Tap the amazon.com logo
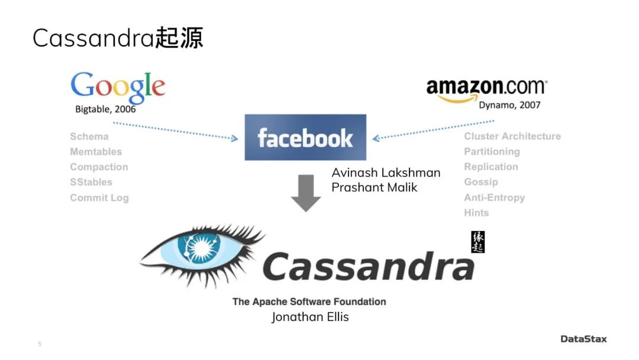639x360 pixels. tap(486, 88)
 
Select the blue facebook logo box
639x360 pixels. tap(305, 137)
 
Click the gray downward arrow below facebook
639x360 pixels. tap(306, 193)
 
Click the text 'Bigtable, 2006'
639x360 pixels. tap(105, 109)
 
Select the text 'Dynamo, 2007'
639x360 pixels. tap(509, 105)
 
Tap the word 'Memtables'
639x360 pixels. tap(96, 152)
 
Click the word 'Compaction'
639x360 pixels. tap(99, 167)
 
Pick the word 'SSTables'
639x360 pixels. tap(91, 182)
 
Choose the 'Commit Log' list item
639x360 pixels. tap(99, 198)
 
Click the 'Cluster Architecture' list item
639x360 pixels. tap(512, 136)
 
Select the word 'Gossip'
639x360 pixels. tap(481, 182)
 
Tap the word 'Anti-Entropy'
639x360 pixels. tap(495, 198)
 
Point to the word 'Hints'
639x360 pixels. tap(476, 213)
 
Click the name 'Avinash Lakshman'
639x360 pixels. tap(386, 173)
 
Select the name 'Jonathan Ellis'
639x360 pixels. tap(310, 317)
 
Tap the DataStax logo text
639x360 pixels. tap(583, 339)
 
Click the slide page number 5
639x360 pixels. tap(40, 344)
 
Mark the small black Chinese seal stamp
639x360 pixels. tap(477, 242)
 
